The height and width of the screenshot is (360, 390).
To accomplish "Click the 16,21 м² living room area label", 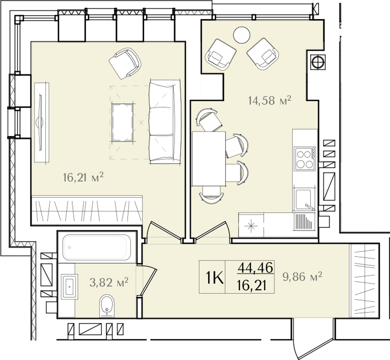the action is coord(83,177).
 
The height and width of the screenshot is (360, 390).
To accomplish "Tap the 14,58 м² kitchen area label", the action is coord(269,100).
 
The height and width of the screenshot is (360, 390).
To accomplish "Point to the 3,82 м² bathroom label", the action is coord(109,282).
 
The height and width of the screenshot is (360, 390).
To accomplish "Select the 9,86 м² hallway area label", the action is coord(302,276).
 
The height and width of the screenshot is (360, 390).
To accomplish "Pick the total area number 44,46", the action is coord(255,268).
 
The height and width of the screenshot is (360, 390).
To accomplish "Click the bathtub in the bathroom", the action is coord(97,248).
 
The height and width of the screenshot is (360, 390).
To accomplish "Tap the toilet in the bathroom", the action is coord(107,306).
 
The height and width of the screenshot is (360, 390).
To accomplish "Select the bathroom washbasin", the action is coord(69,287).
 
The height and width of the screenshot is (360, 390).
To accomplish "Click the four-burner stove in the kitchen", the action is coord(305,159).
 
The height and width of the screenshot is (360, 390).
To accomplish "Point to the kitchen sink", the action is coord(304,199).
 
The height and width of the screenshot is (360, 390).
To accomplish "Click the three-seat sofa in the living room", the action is coord(165,121).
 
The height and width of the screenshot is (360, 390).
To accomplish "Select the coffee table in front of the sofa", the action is coord(122,122).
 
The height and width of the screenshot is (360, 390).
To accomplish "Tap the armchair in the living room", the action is coord(125,64).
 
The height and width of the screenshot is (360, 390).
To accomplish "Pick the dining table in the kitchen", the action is coord(209,159).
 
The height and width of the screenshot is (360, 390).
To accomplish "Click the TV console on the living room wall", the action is coord(42,122).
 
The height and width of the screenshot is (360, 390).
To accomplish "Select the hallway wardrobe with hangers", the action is coord(364,281).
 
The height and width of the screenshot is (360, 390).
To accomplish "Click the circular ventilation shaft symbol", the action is coord(318,62).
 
